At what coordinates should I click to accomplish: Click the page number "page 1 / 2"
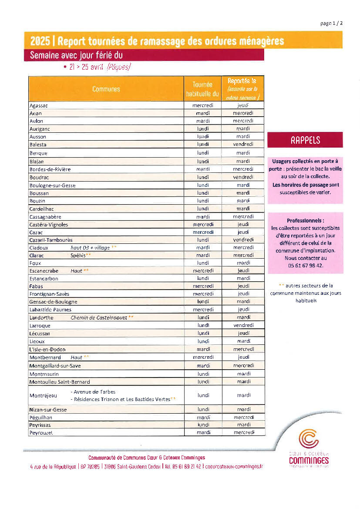pyautogui.click(x=331, y=24)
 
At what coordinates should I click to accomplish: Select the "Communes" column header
pyautogui.click(x=106, y=89)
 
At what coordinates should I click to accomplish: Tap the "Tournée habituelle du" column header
pyautogui.click(x=202, y=89)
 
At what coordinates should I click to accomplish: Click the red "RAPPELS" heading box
pyautogui.click(x=305, y=140)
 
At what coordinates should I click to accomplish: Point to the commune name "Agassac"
pyautogui.click(x=39, y=106)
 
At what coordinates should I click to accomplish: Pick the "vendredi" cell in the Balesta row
pyautogui.click(x=243, y=144)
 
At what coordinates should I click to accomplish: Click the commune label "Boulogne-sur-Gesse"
pyautogui.click(x=52, y=185)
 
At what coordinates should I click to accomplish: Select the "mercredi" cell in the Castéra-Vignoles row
pyautogui.click(x=203, y=225)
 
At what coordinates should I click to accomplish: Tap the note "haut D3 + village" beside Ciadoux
pyautogui.click(x=90, y=248)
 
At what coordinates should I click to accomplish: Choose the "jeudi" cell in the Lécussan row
pyautogui.click(x=243, y=334)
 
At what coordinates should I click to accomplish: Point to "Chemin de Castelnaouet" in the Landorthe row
pyautogui.click(x=99, y=318)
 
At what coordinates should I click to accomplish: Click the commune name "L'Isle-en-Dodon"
pyautogui.click(x=47, y=350)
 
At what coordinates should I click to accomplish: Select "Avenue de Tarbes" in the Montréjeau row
pyautogui.click(x=94, y=392)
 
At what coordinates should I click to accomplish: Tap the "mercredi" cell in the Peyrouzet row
pyautogui.click(x=243, y=432)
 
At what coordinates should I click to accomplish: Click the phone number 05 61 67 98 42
pyautogui.click(x=305, y=265)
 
